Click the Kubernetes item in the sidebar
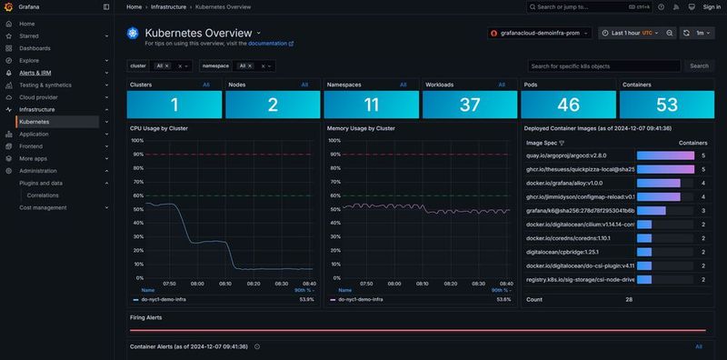pyautogui.click(x=35, y=121)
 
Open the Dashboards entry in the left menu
pyautogui.click(x=35, y=47)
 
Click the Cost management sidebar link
pyautogui.click(x=43, y=207)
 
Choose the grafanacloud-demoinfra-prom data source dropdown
pyautogui.click(x=540, y=33)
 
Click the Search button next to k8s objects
pyautogui.click(x=698, y=66)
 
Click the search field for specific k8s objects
pyautogui.click(x=603, y=66)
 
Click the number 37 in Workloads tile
pyautogui.click(x=469, y=105)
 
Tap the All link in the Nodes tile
pyautogui.click(x=304, y=85)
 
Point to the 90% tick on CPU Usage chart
pyautogui.click(x=137, y=155)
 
